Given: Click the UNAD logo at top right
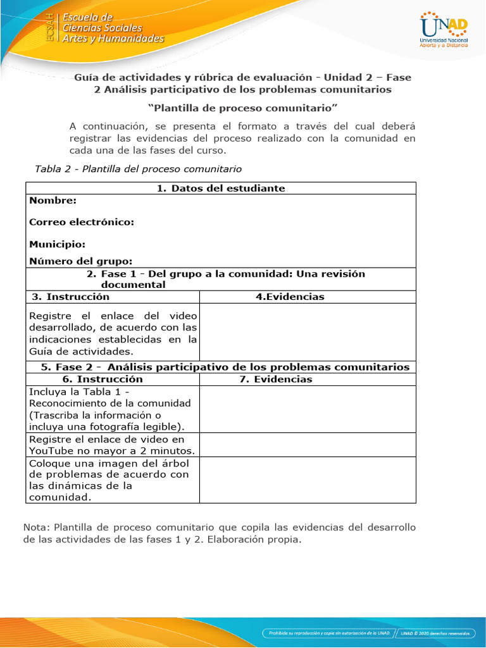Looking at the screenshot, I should coord(444,30).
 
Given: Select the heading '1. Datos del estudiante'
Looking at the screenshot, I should coord(220,188).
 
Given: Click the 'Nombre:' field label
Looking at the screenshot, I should coord(53,201).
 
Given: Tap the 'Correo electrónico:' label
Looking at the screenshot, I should coord(82,222).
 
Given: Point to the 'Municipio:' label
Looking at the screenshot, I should coord(57,244).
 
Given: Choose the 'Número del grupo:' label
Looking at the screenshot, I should coord(81,261).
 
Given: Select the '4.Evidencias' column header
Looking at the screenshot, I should coord(290,297).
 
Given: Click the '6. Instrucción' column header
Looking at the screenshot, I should coord(103,379).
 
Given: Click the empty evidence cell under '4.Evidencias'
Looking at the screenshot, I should coord(308,332).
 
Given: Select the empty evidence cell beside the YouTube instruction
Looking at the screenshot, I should coord(308,445).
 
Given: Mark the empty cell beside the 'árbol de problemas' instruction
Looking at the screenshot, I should coord(308,480).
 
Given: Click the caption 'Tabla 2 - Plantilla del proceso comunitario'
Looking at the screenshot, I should coord(137,169).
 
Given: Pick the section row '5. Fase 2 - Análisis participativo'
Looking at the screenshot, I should coord(225,367).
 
